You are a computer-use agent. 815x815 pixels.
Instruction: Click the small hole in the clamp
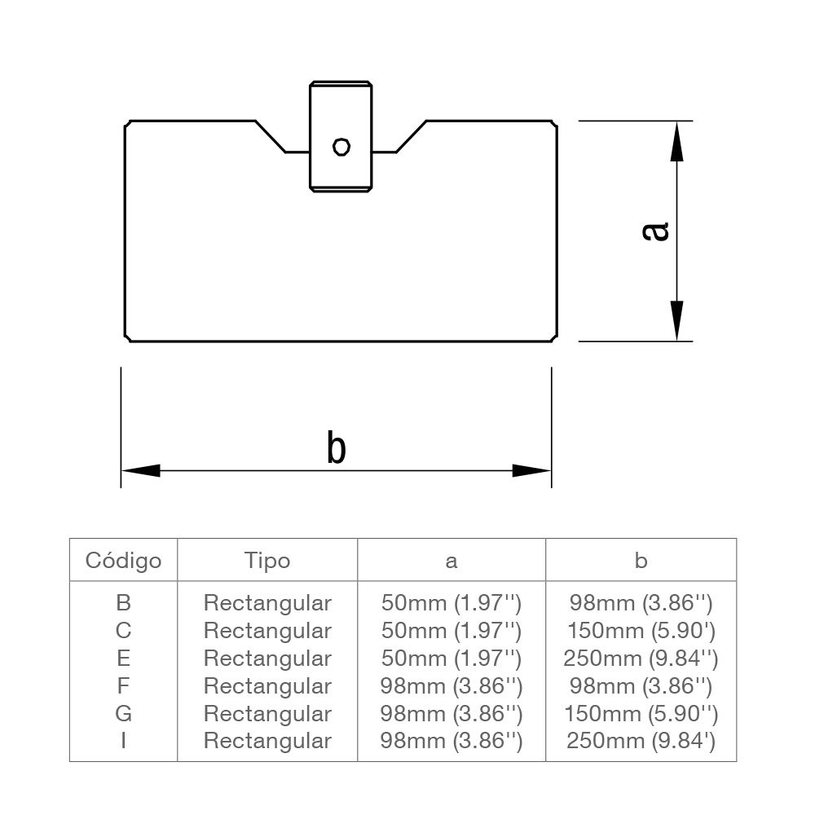coord(341,147)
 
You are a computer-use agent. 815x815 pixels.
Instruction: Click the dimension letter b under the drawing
coord(336,448)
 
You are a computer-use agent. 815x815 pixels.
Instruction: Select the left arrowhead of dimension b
coord(141,470)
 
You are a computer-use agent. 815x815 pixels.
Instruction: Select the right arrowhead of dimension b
coord(531,470)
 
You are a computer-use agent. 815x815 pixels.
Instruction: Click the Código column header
coord(124,561)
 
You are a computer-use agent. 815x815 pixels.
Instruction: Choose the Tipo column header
coord(267,561)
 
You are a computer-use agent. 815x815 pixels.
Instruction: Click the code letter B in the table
coord(124,603)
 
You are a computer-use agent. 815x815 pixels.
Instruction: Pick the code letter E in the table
coord(124,658)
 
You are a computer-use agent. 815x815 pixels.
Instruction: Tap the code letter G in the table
coord(124,713)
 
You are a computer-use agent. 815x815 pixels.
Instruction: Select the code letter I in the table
coord(124,741)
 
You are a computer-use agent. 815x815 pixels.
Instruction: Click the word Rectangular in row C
coord(267,631)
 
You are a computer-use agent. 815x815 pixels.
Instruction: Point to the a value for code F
coord(452,685)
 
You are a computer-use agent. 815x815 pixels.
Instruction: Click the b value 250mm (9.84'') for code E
coord(641,658)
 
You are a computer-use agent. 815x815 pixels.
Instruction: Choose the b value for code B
coord(641,603)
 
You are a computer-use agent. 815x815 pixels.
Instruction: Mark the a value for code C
coord(452,631)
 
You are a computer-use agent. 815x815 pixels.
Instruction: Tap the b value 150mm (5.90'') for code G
coord(641,713)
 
